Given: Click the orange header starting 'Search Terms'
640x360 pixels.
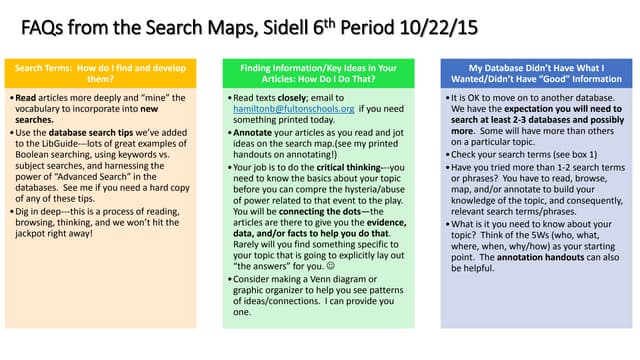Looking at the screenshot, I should pos(101,73).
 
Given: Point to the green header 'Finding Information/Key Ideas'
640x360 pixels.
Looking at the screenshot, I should pos(318,73).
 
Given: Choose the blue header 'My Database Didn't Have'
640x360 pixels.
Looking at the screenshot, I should pos(536,73).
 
